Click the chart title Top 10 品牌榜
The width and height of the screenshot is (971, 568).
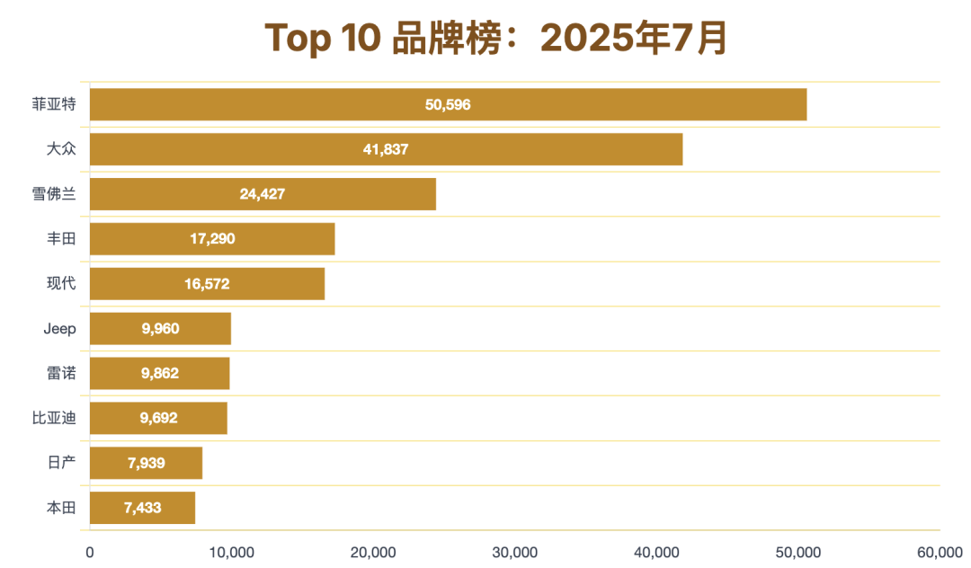495,39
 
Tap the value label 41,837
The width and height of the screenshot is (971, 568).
386,149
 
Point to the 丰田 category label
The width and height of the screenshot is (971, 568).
61,239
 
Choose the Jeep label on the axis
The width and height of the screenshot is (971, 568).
60,329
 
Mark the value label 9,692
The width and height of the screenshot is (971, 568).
159,418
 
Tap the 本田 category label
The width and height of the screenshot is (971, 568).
61,508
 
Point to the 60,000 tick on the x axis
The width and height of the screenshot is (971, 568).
940,552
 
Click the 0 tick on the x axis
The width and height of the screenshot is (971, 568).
90,552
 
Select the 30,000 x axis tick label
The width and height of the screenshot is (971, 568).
514,552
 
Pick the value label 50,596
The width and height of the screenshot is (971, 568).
448,104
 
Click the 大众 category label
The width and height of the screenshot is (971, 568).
61,149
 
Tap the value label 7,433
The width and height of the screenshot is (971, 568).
142,508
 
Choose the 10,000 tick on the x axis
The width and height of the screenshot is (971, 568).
231,552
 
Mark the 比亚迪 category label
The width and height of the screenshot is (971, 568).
54,418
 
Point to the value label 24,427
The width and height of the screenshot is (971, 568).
263,194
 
